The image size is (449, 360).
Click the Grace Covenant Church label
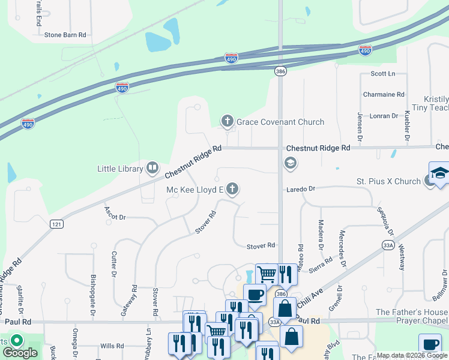280,122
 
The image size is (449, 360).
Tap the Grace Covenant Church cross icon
228,122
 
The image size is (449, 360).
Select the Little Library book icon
152,169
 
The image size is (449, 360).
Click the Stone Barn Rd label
65,35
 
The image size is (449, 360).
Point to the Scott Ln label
383,74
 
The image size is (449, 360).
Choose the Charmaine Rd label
384,95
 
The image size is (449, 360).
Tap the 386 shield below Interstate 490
282,71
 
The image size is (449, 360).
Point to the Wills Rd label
112,346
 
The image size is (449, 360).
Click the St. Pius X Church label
388,181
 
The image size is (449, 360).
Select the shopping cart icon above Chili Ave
266,274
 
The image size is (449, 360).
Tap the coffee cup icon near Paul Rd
255,295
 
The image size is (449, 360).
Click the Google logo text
20,353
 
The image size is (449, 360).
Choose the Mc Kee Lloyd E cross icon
233,190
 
